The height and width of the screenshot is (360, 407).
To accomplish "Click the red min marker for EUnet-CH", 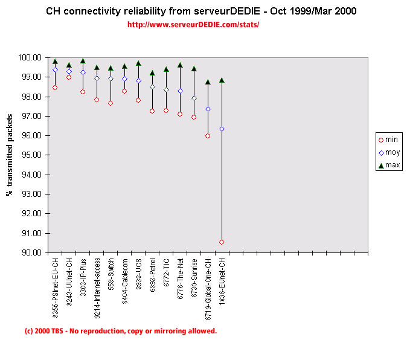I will click(222, 242).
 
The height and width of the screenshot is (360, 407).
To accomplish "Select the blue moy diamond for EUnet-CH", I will click(222, 129).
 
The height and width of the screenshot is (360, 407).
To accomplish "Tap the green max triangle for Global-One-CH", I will click(208, 82).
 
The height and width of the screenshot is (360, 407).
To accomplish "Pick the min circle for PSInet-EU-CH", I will click(55, 88).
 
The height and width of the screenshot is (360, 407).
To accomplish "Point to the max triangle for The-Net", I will click(180, 65).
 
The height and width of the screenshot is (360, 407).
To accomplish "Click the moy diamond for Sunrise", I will click(194, 98).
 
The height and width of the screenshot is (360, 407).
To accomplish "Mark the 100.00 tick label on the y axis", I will click(30, 58).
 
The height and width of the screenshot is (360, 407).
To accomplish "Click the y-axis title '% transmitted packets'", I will click(10, 155).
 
